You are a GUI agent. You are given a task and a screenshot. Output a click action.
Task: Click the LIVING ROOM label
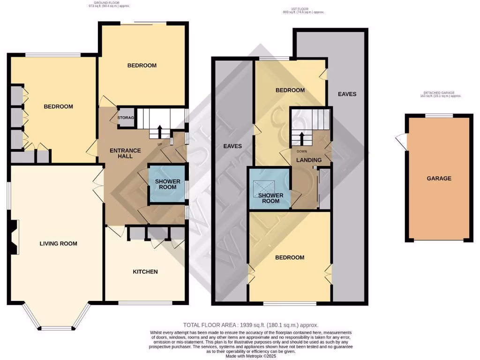tap(58, 243)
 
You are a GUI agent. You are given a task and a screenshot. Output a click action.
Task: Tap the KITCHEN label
tap(145, 271)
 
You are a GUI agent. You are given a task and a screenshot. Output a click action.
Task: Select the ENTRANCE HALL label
tap(125, 153)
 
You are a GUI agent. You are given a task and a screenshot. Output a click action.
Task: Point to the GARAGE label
tap(439, 178)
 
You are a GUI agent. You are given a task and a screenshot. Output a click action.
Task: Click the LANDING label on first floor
tap(309, 160)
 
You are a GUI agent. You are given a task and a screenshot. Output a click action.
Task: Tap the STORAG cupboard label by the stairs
tap(126, 118)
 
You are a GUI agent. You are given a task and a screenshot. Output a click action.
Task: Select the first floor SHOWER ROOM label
tap(269, 198)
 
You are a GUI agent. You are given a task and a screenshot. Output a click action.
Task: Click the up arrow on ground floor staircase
tap(160, 130)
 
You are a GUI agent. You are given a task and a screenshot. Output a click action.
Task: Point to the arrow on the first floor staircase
tap(301, 138)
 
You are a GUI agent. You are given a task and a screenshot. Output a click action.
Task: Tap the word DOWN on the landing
tap(301, 151)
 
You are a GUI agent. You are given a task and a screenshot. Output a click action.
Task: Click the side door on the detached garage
tap(401, 140)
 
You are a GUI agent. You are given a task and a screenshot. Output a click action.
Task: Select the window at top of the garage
tap(439, 115)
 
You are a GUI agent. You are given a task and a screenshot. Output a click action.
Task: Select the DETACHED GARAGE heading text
tap(439, 93)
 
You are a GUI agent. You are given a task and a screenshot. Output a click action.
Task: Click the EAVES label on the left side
tap(232, 146)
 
